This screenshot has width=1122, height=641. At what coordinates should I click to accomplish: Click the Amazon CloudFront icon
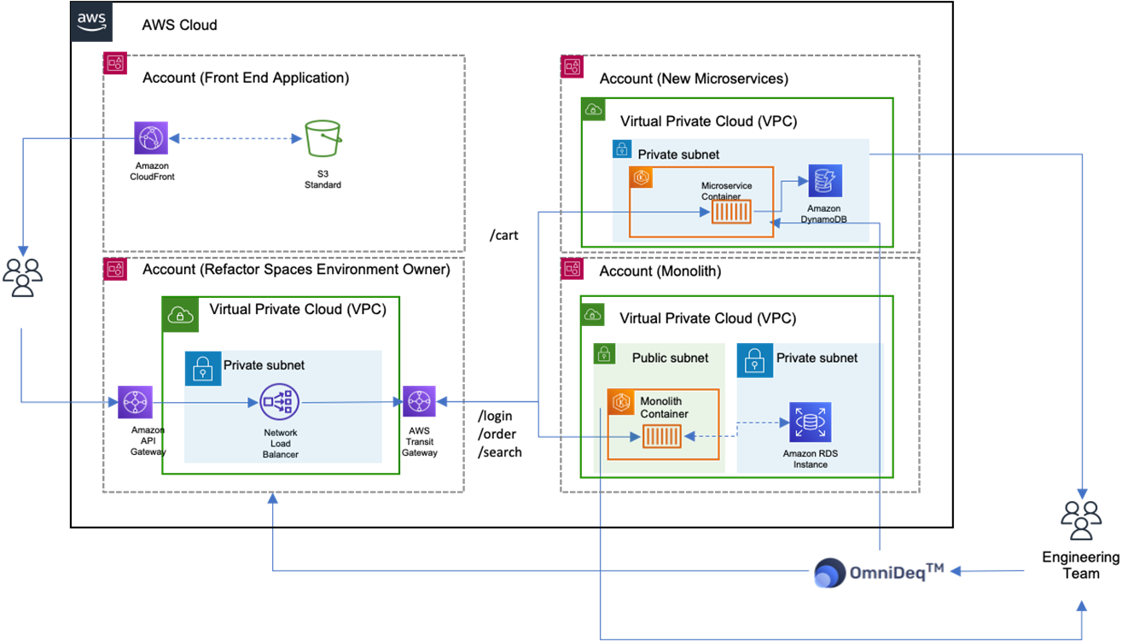tap(151, 137)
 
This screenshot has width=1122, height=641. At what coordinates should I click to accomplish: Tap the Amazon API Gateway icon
tap(135, 402)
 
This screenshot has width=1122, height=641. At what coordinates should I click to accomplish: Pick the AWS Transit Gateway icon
tap(419, 401)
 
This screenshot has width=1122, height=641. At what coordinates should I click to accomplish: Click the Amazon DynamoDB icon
tap(825, 181)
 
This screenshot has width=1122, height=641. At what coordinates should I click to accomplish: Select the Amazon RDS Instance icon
tap(810, 422)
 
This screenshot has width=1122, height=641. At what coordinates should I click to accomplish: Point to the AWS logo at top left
tap(91, 22)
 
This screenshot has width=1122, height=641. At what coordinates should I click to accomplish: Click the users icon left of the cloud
tap(23, 276)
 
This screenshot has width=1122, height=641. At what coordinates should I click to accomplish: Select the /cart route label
tap(503, 236)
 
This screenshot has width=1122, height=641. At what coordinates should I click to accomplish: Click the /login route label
tap(496, 416)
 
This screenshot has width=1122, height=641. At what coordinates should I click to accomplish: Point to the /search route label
tap(499, 452)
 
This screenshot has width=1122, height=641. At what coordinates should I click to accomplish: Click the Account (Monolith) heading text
tap(660, 271)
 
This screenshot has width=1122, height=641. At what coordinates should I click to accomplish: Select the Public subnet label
tap(670, 358)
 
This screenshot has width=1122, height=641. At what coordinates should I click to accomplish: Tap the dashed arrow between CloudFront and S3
tap(236, 138)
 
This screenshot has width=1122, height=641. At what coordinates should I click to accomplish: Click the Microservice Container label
tap(727, 190)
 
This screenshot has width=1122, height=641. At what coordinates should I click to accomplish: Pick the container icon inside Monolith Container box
tap(661, 438)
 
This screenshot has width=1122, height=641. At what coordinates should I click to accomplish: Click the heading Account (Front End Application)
tap(246, 78)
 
